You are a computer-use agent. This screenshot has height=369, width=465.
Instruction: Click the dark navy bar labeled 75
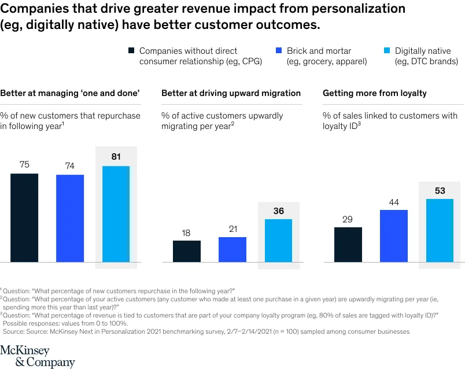pos(24,217)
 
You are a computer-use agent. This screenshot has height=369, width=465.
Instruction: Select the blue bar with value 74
pos(70,218)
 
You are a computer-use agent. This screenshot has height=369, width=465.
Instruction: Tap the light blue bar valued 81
pos(116,214)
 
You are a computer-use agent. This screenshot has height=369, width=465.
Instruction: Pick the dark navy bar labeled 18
pos(186,251)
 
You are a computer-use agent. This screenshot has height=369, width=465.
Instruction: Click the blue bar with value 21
pos(232,249)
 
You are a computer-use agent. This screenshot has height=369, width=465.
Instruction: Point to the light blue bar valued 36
pos(278,240)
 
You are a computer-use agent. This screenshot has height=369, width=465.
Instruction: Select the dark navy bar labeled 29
pos(348,244)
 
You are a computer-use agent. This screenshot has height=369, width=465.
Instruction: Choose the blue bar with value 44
pos(394,235)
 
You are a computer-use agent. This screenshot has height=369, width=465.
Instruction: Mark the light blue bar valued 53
pos(440,230)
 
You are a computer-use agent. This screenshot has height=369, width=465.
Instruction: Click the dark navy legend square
pos(131,51)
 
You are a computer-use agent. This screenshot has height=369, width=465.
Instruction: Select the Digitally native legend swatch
pos(386,51)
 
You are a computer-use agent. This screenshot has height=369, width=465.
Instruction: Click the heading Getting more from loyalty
pos(374,93)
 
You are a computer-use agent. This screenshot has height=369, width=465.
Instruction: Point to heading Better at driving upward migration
pos(231,93)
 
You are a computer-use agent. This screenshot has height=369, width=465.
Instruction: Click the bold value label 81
pos(116,156)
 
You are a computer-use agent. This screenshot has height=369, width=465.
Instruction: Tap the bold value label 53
pos(440,190)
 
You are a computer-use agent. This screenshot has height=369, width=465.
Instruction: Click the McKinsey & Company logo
pos(38,356)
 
